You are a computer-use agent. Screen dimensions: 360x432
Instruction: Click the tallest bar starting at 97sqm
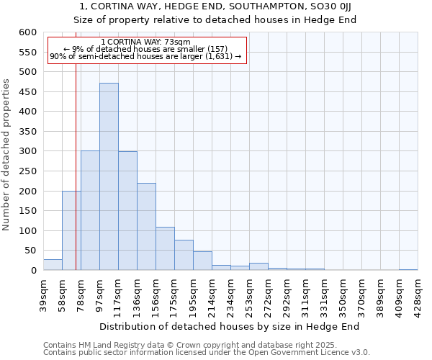pos(109,176)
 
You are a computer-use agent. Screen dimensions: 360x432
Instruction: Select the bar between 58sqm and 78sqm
pos(71,230)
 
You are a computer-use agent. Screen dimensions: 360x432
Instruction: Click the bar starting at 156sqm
pos(165,249)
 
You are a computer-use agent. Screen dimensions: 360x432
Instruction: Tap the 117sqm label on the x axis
pos(117,292)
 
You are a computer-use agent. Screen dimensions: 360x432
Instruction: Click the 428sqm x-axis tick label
pos(417,292)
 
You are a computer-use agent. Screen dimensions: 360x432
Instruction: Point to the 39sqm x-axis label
pos(42,291)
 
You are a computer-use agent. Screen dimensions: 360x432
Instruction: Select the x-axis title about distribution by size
pos(228,326)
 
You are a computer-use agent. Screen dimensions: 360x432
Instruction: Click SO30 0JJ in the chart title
pos(332,6)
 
